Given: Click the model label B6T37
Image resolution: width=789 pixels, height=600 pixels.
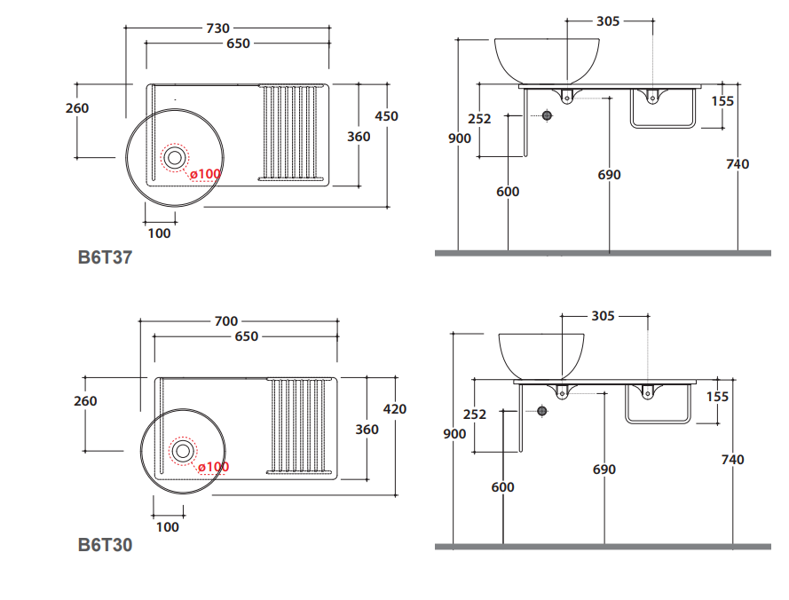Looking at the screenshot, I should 105,258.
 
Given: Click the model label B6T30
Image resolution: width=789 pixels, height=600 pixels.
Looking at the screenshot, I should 105,545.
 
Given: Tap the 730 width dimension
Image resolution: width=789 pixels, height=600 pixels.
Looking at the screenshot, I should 218,28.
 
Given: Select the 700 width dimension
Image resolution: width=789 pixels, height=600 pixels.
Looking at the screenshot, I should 226,321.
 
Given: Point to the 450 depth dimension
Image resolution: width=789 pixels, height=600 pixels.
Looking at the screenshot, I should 386,116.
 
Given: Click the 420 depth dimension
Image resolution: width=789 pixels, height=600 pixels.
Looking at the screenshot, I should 394,409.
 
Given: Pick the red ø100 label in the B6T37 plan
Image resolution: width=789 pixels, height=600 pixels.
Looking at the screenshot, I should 205,174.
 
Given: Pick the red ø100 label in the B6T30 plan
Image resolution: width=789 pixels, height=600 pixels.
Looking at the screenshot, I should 213,467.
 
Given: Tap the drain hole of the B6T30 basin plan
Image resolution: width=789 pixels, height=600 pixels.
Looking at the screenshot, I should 183,450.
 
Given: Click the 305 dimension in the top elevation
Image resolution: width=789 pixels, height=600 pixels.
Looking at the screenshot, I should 608,21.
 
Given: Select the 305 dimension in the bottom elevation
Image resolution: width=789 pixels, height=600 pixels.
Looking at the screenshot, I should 603,316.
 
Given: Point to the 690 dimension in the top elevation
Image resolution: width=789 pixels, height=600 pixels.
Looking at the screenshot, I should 610,175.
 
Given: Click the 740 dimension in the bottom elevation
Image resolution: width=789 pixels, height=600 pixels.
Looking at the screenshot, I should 733,460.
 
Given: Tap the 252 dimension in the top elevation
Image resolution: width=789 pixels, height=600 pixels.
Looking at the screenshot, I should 479,119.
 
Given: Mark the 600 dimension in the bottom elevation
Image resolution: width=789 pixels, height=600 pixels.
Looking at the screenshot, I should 502,487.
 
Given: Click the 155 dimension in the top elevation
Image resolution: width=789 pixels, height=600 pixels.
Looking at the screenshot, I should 722,101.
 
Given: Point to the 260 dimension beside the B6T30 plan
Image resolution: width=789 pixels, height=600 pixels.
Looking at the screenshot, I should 85,401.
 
